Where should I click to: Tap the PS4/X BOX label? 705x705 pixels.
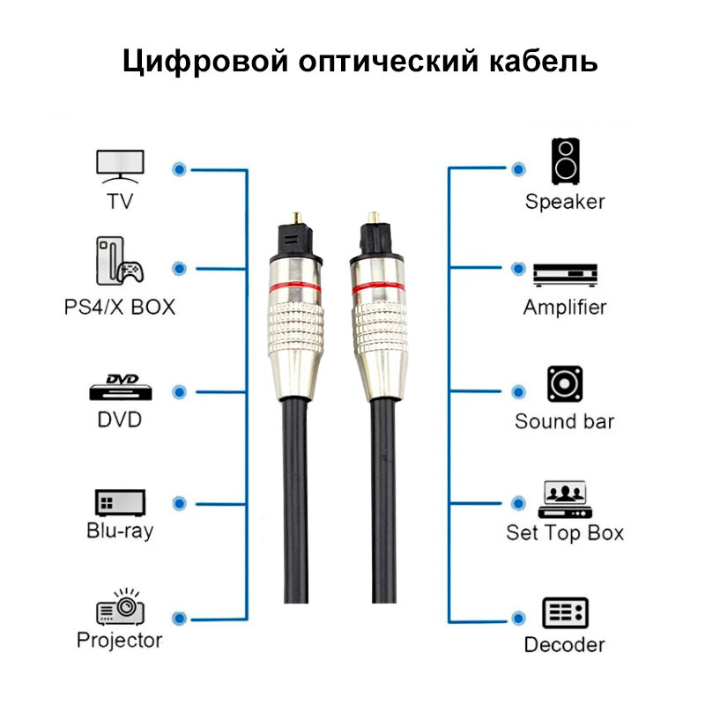120,308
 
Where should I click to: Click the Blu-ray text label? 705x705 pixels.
120,531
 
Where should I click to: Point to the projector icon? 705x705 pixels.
120,607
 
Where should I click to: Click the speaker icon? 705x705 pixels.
565,160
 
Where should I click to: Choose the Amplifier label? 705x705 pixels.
565,308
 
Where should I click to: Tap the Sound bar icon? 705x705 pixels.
565,385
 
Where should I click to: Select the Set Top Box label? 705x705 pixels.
565,532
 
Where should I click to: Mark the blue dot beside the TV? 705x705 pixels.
180,167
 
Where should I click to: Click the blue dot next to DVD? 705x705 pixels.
180,390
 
